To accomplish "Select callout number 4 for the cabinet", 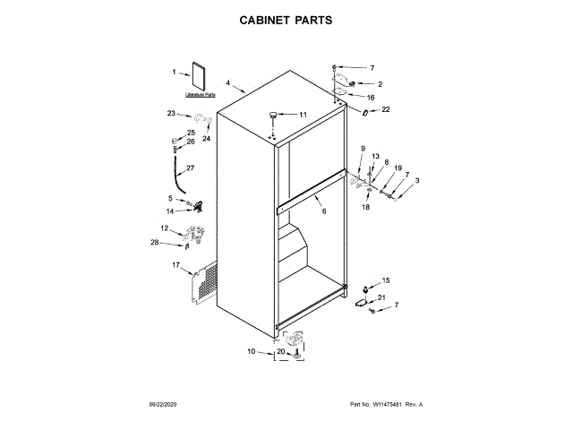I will click(x=228, y=83).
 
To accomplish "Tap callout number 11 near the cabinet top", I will click(x=303, y=115).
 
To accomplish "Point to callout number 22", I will click(x=386, y=110).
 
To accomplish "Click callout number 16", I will click(x=371, y=97).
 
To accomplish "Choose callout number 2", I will click(x=381, y=84).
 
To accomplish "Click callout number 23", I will click(x=171, y=113).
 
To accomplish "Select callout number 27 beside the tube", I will click(x=190, y=168).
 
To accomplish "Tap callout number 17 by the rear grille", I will click(x=175, y=264).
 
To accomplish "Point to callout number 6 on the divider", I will click(x=323, y=211).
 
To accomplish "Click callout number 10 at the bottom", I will click(x=252, y=351).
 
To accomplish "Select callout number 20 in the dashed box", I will click(x=280, y=352).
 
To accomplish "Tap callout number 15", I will click(x=387, y=280).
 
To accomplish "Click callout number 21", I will click(x=381, y=297).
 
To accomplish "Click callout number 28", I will click(x=155, y=243).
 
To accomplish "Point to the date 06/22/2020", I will click(x=165, y=406).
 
